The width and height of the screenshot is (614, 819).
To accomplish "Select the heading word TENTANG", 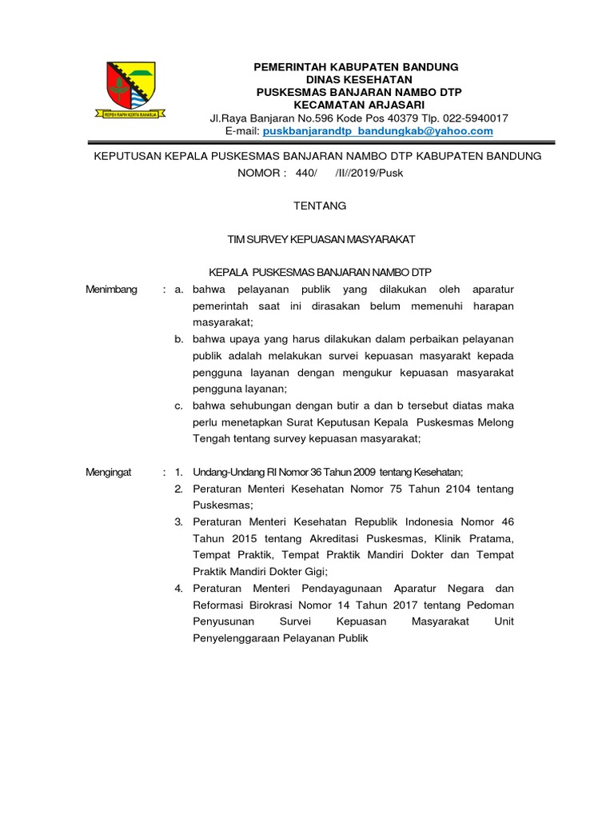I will coord(321,206).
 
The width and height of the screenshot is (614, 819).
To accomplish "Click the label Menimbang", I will coord(111,290).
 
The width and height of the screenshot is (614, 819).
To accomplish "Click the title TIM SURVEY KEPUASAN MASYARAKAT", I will coord(321,239).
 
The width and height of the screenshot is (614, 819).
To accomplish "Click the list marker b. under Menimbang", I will coord(180,339).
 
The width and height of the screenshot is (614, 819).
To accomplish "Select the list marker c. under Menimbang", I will coord(180,406).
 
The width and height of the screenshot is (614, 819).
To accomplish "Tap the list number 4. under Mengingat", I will coord(179,589).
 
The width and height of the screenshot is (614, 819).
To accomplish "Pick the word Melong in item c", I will coord(496,421).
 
